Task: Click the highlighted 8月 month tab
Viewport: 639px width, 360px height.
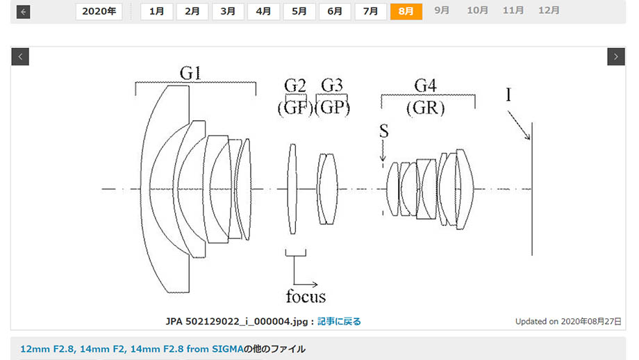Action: tap(406, 11)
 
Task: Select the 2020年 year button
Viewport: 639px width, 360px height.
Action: tap(99, 11)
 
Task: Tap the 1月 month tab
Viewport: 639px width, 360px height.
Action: tap(156, 11)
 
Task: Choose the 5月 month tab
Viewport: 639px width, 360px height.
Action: tap(299, 11)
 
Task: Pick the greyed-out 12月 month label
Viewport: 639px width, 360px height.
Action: tap(549, 10)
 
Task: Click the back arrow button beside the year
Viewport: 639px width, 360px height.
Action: tap(23, 12)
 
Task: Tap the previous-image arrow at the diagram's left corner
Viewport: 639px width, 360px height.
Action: tap(20, 57)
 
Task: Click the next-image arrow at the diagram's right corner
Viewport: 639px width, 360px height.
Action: tap(616, 57)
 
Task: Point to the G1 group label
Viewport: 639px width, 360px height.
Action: tap(190, 74)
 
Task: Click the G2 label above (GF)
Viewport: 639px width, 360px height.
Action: tap(294, 85)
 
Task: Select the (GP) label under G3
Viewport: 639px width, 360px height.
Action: tap(333, 108)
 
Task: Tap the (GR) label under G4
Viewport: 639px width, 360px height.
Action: tap(425, 108)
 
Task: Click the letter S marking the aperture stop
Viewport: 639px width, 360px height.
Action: tap(384, 131)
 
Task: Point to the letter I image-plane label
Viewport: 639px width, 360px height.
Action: tap(508, 95)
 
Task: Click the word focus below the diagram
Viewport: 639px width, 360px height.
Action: tap(306, 296)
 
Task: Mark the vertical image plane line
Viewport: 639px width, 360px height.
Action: tap(532, 189)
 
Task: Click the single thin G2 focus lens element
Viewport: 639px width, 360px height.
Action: tap(292, 189)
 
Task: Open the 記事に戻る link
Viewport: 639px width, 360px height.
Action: tap(339, 321)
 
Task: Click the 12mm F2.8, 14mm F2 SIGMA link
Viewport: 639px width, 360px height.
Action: tap(132, 349)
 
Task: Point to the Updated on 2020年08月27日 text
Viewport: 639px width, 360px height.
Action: tap(568, 321)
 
